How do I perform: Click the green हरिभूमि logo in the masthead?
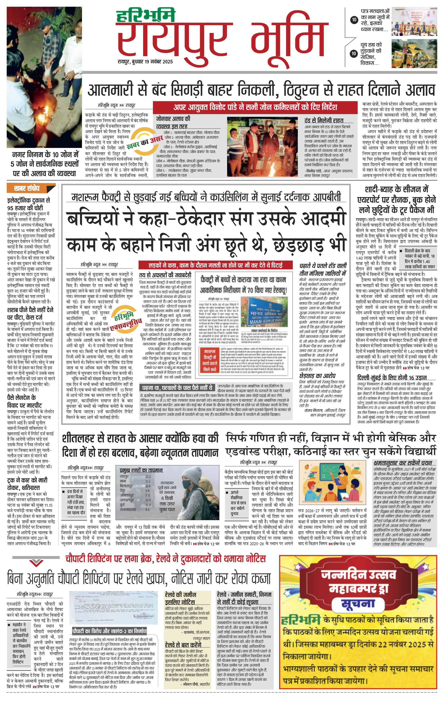(x=145, y=16)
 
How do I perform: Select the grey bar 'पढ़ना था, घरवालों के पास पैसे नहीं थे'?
(x=177, y=388)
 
